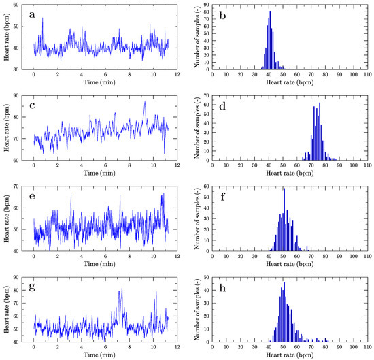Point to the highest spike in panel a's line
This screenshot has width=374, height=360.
(x=42, y=18)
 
